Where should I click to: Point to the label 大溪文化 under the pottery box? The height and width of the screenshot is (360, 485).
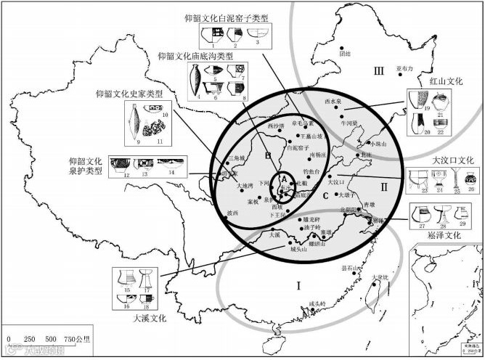[x=150, y=317]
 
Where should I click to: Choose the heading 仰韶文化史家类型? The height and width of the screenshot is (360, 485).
[x=129, y=94]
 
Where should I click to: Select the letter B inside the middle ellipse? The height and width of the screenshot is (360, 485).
[x=268, y=155]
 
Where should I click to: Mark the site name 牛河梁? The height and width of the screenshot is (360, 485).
[x=351, y=123]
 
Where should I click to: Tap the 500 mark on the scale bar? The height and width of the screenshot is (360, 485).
[x=51, y=339]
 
